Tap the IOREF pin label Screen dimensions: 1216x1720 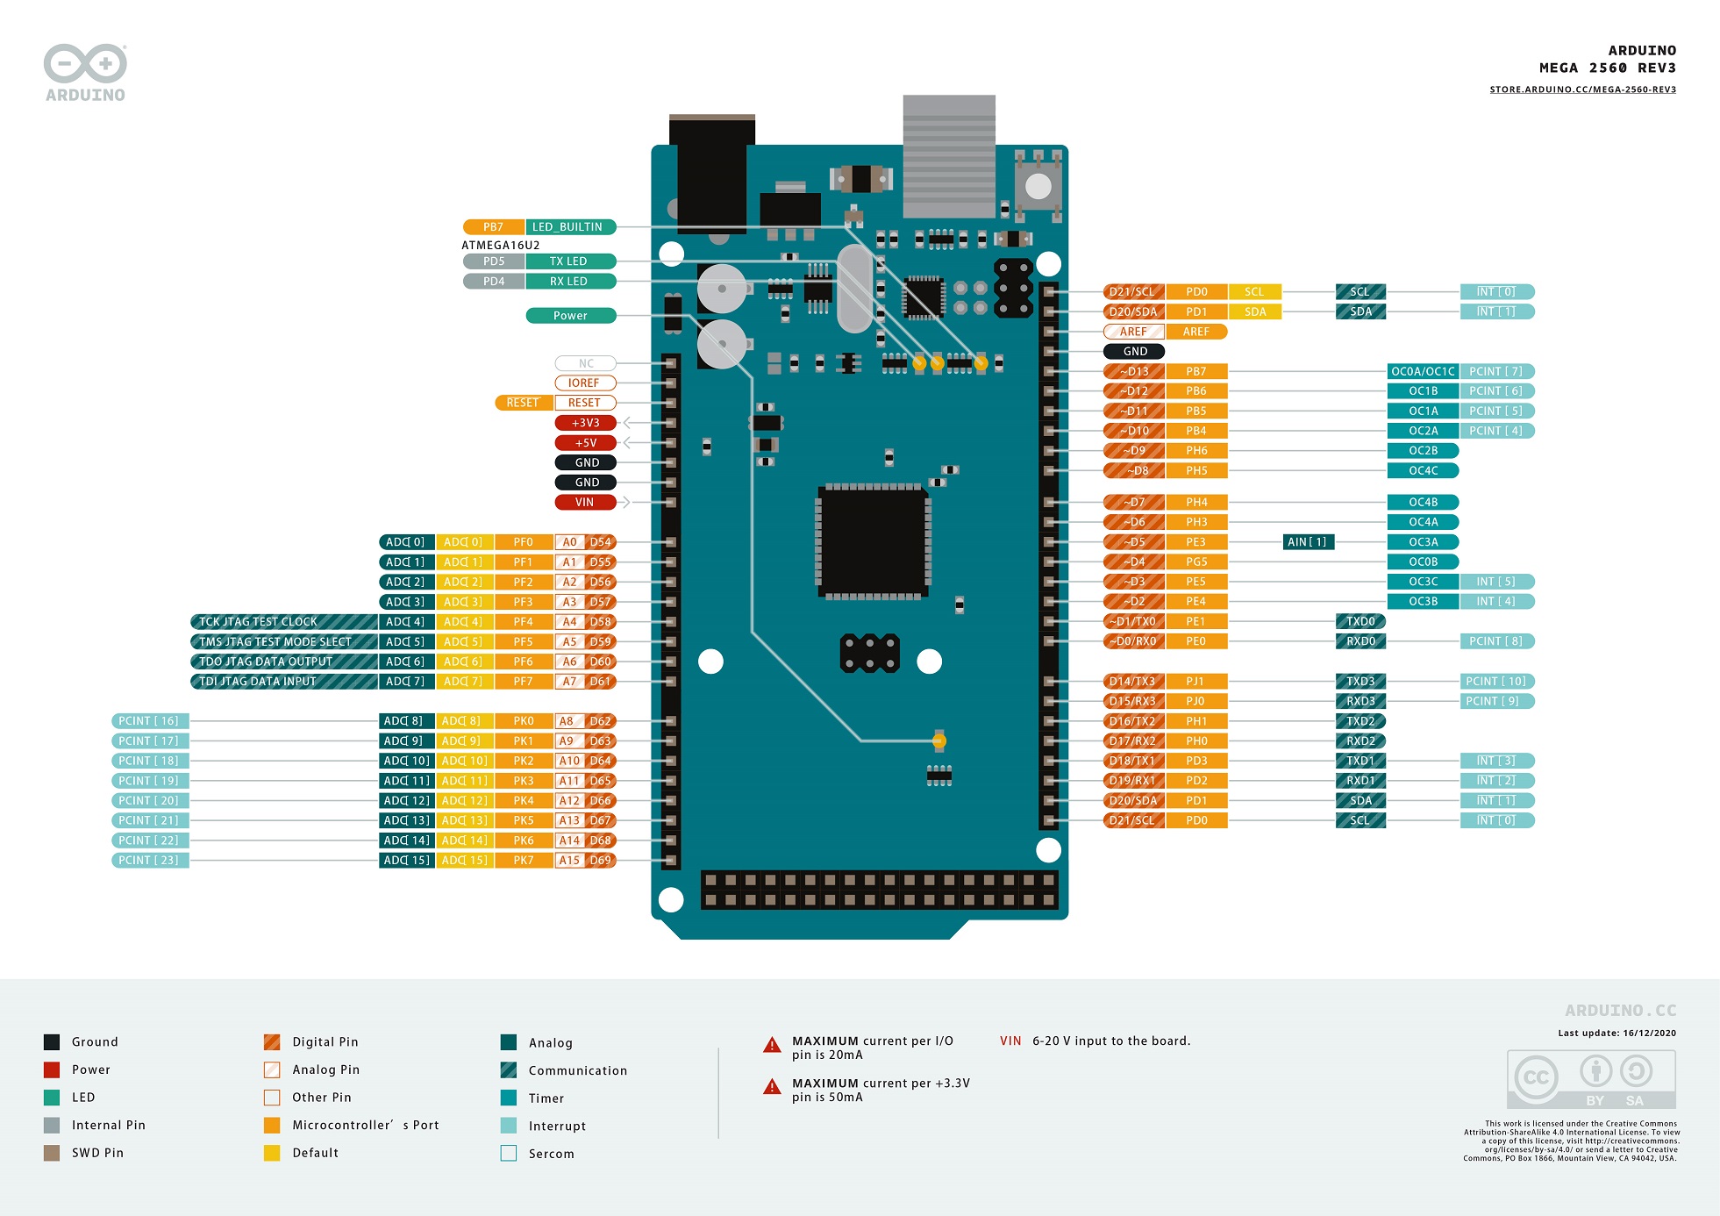click(x=585, y=383)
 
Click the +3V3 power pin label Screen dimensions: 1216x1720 click(x=585, y=423)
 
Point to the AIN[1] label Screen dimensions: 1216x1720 click(x=1308, y=542)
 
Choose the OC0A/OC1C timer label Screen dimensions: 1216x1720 click(x=1423, y=371)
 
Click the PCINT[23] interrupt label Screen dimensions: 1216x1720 click(x=149, y=860)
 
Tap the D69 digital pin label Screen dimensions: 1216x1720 click(x=601, y=860)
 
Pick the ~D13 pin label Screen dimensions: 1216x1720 click(x=1134, y=371)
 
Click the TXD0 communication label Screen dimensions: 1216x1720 click(x=1360, y=621)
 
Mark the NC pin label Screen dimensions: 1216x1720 click(x=585, y=363)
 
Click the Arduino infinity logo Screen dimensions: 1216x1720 click(x=85, y=63)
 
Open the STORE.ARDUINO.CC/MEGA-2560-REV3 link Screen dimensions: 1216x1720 click(x=1582, y=89)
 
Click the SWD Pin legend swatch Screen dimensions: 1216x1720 click(x=52, y=1153)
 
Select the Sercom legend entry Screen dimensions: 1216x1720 click(x=551, y=1154)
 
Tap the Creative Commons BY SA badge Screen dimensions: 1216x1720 click(x=1591, y=1079)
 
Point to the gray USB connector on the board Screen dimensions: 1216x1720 click(x=949, y=156)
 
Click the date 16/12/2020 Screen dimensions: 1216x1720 click(x=1649, y=1033)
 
